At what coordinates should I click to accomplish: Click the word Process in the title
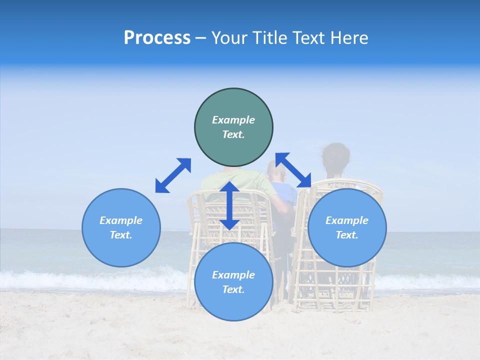click(157, 38)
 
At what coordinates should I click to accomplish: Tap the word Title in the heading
click(270, 38)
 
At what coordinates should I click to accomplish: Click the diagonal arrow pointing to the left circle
click(173, 175)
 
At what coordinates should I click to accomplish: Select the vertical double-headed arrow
click(229, 205)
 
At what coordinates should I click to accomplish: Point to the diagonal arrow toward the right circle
click(293, 170)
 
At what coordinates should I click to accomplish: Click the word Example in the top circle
click(233, 120)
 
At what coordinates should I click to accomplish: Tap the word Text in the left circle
click(121, 235)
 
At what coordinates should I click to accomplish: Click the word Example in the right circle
click(347, 220)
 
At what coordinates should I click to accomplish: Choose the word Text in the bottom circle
click(233, 289)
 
